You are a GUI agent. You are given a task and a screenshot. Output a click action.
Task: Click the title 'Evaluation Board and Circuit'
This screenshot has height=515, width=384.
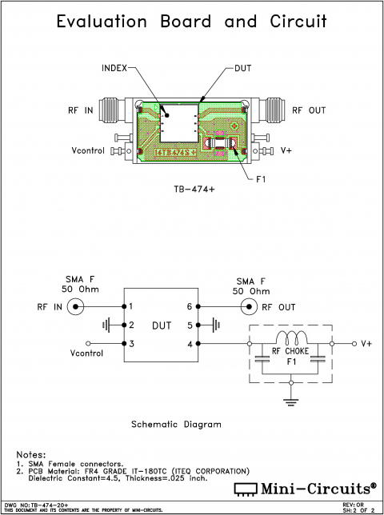(192, 22)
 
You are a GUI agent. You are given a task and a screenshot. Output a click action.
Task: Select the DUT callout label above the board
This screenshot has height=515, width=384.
(244, 69)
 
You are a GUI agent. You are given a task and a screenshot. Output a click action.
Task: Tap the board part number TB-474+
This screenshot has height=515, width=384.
(193, 190)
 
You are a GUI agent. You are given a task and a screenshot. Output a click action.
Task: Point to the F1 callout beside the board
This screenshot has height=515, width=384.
(261, 179)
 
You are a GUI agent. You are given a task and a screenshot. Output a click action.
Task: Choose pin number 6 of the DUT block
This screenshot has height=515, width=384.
(189, 307)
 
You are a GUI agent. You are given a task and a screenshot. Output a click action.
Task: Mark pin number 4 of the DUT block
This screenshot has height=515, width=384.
(189, 344)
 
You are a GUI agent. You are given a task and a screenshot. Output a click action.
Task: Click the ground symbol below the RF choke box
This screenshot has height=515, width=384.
(289, 398)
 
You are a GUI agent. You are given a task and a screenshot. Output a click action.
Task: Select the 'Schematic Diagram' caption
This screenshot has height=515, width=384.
(176, 425)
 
